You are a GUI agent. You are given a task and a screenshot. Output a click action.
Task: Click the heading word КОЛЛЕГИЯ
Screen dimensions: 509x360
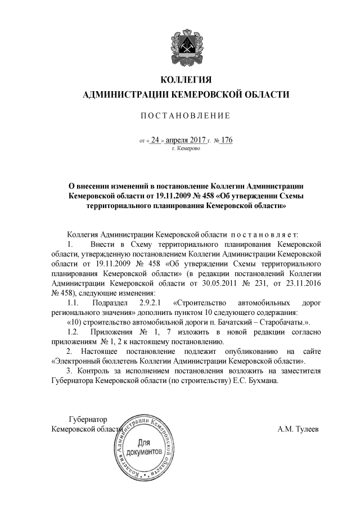pos(186,79)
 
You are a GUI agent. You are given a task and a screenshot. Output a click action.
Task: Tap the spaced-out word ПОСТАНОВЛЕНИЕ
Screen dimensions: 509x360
pos(185,116)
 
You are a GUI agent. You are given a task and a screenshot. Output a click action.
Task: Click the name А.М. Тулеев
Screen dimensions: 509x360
pos(298,429)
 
